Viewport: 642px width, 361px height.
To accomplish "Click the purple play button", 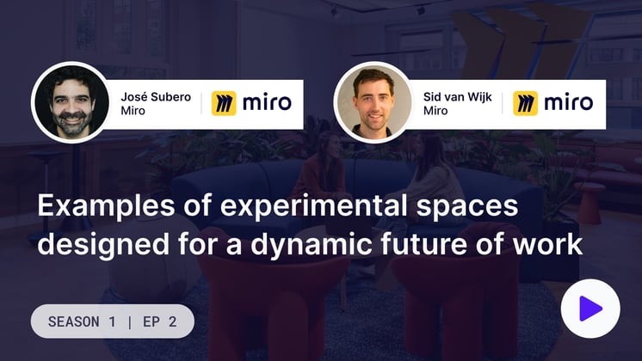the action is tap(590, 309).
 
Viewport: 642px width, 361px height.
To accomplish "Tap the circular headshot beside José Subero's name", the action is tap(72, 102).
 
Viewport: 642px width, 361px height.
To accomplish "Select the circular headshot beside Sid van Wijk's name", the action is tap(373, 102).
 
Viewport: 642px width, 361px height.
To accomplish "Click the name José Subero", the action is tap(156, 97).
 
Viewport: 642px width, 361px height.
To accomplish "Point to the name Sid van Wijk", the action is tap(457, 97).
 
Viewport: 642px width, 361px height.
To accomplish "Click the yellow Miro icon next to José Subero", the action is tap(224, 103).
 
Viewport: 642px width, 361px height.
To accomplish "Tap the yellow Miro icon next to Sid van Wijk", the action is tap(525, 103).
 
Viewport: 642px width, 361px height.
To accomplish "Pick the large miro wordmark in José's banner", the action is tap(267, 102).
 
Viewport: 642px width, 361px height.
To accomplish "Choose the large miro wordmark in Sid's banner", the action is tap(569, 102).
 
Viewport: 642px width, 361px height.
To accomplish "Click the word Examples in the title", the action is tap(106, 206).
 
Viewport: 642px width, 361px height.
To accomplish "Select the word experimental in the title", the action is tap(313, 206).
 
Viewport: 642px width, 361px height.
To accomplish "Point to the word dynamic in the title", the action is tap(312, 245).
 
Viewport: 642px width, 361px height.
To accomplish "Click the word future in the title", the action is tap(423, 244).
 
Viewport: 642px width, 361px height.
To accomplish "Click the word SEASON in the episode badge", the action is tap(74, 321).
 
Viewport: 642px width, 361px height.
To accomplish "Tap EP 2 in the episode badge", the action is tap(160, 321).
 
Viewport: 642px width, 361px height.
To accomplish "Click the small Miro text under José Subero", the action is tap(133, 111).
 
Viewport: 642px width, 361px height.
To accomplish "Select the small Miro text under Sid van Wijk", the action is tap(435, 111).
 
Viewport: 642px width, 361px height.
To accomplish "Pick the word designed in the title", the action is tap(103, 245).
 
